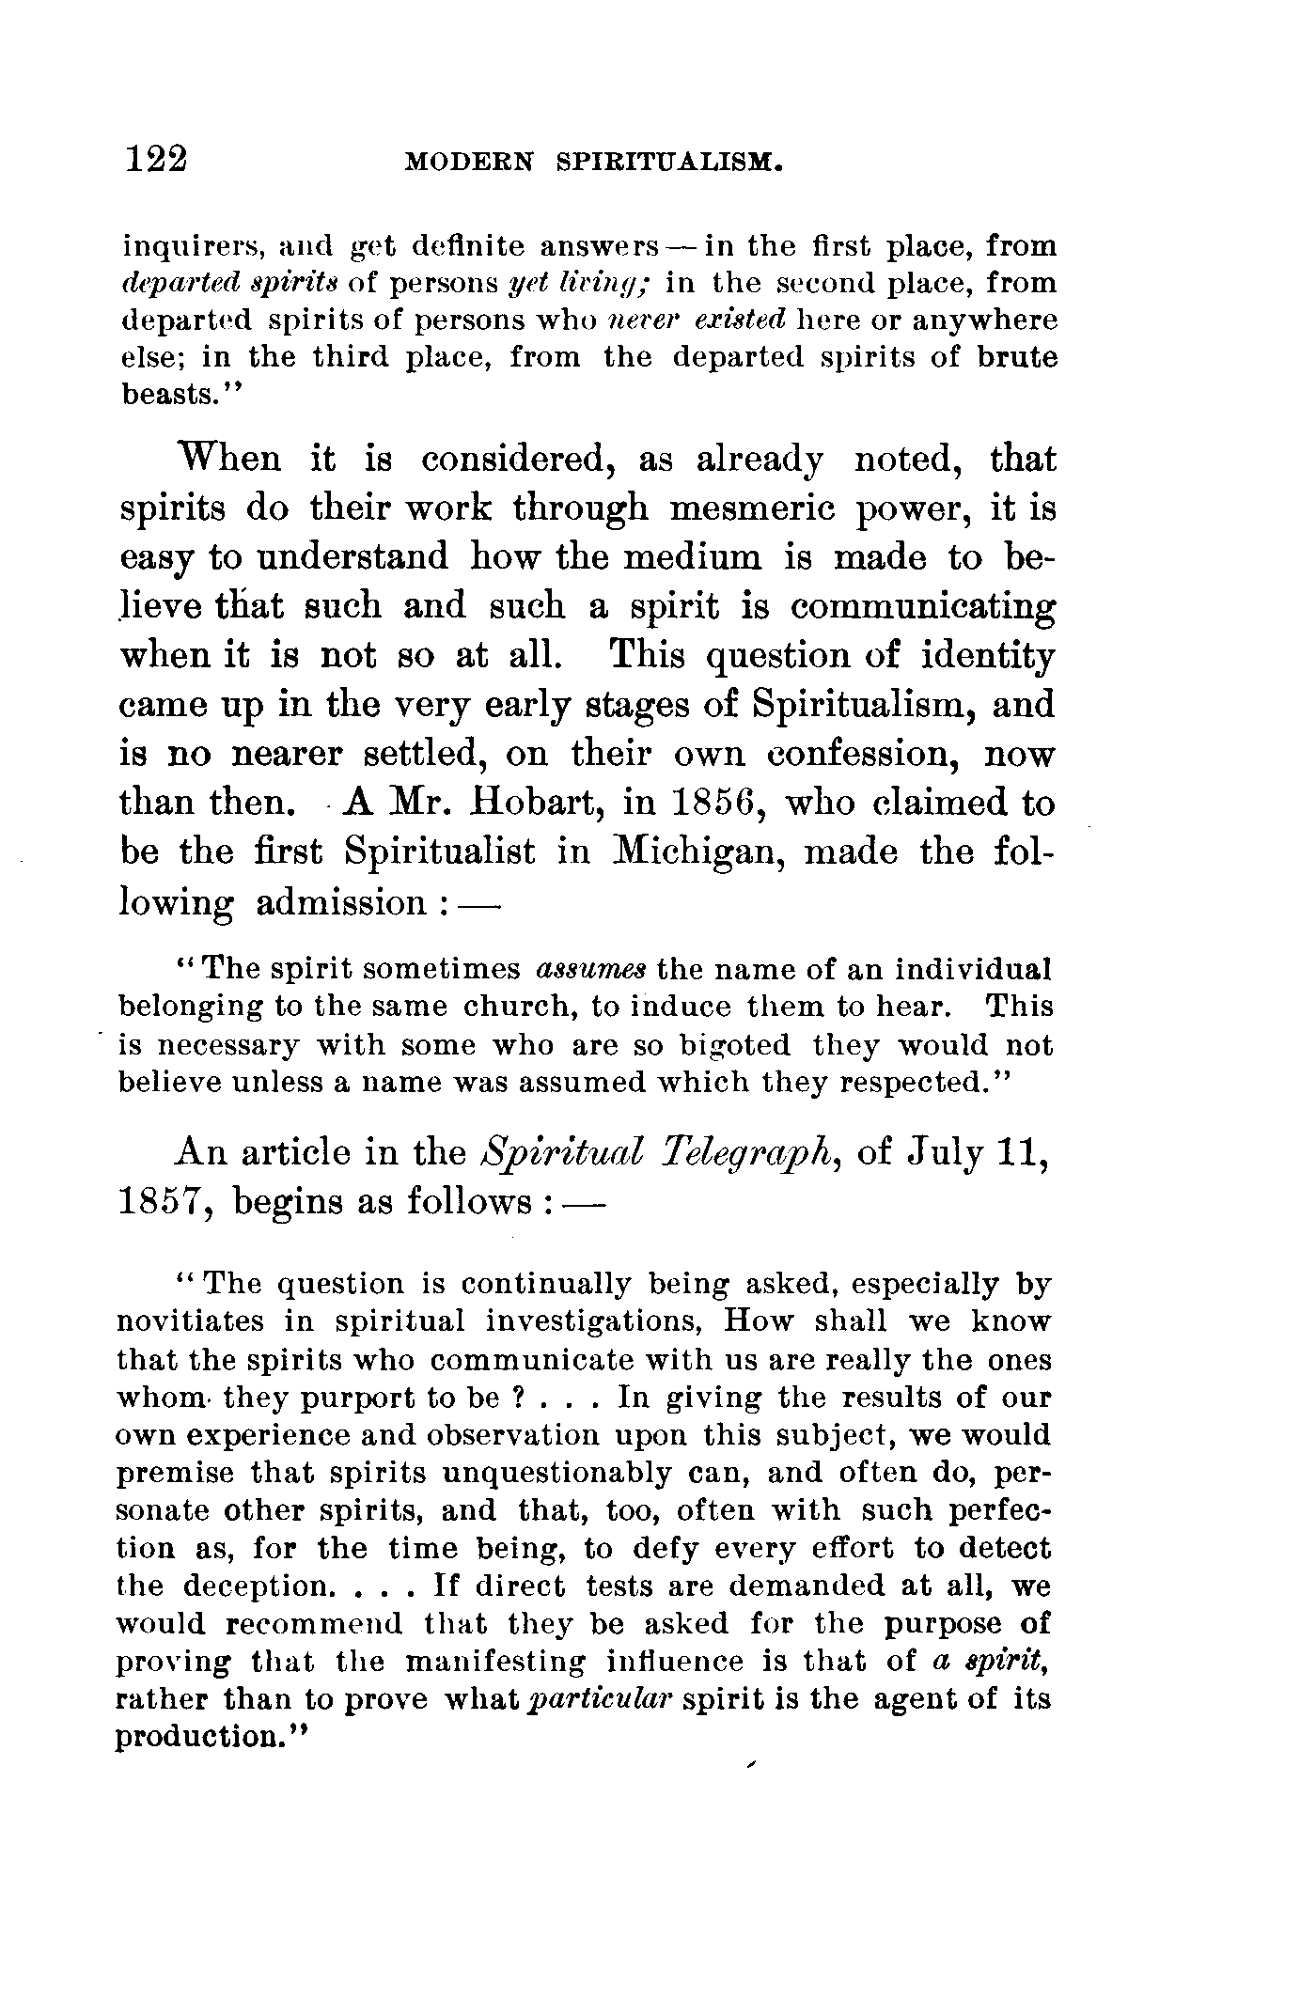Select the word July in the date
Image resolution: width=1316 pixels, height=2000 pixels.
pyautogui.click(x=946, y=1152)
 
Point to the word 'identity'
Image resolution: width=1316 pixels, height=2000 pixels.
pyautogui.click(x=988, y=655)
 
